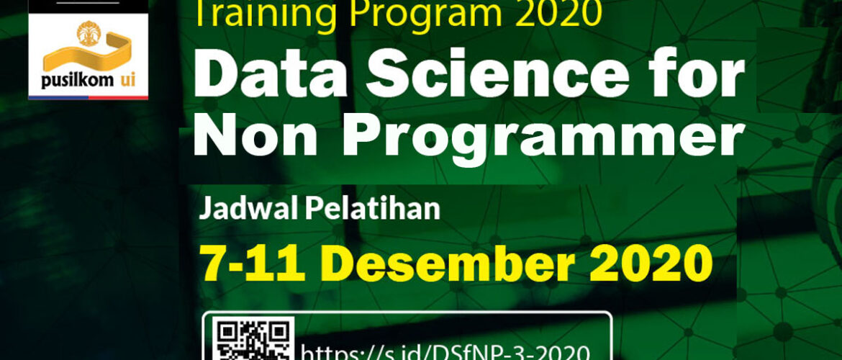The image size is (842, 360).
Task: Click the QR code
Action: click(253, 339)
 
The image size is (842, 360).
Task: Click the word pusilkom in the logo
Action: click(77, 81)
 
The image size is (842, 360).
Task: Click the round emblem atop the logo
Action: click(89, 33)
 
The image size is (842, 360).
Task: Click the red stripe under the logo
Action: click(118, 98)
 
